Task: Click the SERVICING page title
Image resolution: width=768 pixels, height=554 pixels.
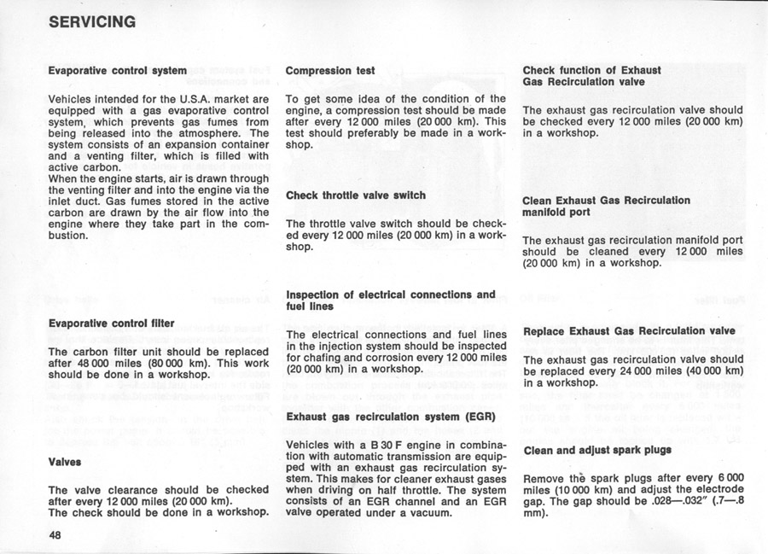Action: click(x=92, y=21)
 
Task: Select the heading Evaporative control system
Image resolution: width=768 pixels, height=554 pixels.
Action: click(x=117, y=69)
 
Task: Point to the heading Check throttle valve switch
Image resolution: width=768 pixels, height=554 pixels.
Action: click(x=356, y=195)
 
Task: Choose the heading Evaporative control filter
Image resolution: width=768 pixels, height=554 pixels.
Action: click(x=111, y=324)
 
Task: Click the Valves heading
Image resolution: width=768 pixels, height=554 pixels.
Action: click(x=65, y=461)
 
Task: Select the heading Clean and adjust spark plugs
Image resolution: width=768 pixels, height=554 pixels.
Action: click(x=596, y=450)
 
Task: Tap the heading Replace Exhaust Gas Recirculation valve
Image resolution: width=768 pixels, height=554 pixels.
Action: click(x=629, y=330)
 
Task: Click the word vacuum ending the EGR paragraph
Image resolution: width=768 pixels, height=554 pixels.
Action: click(x=431, y=512)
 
